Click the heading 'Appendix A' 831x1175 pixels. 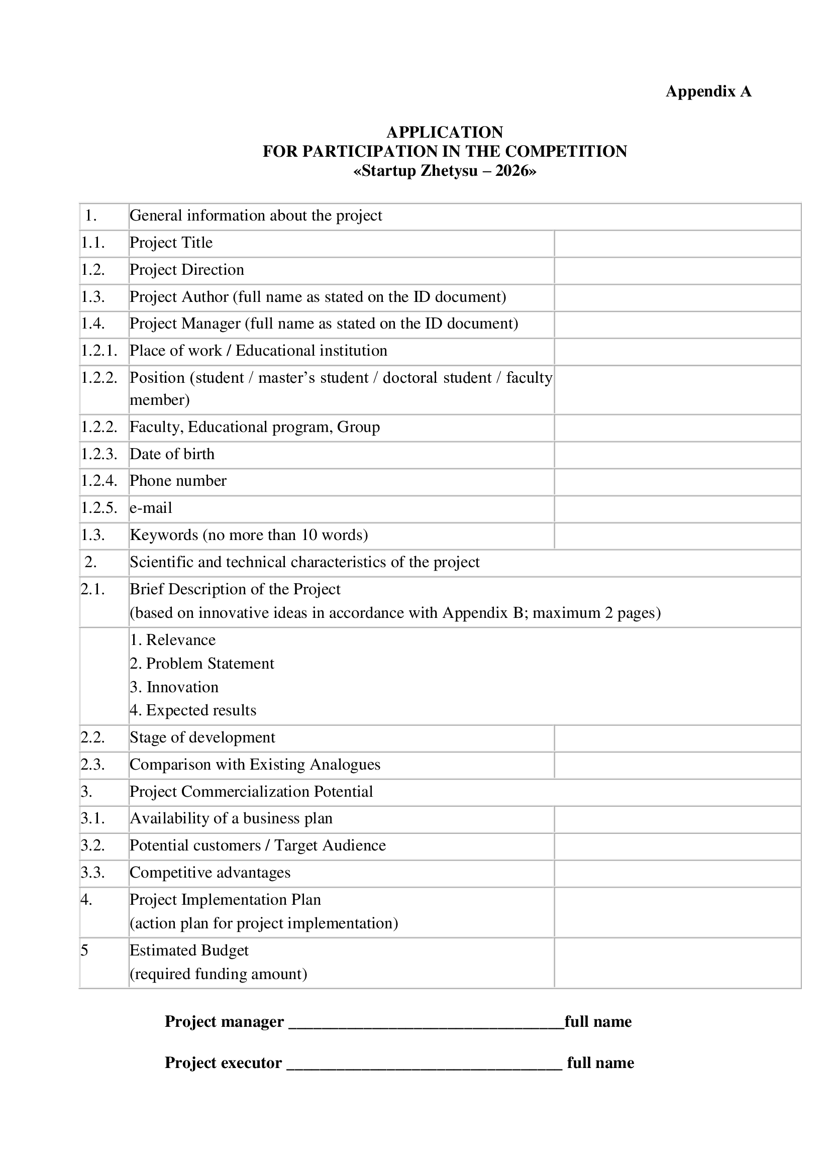pyautogui.click(x=708, y=91)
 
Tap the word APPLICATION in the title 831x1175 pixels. pyautogui.click(x=445, y=133)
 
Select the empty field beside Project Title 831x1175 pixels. pyautogui.click(x=677, y=244)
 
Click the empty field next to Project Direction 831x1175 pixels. pyautogui.click(x=677, y=271)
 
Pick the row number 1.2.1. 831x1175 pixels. pyautogui.click(x=99, y=351)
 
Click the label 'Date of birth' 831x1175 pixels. pyautogui.click(x=172, y=455)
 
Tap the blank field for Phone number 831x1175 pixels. pyautogui.click(x=677, y=482)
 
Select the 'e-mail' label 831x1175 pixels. pyautogui.click(x=151, y=508)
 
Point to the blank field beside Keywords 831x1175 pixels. pyautogui.click(x=677, y=536)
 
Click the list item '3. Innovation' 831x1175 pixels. pyautogui.click(x=174, y=687)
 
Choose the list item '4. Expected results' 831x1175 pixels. pyautogui.click(x=193, y=711)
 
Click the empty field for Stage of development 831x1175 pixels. pyautogui.click(x=677, y=738)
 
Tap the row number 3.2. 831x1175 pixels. pyautogui.click(x=92, y=846)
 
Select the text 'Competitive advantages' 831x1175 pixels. pyautogui.click(x=210, y=873)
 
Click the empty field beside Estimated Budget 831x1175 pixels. pyautogui.click(x=677, y=963)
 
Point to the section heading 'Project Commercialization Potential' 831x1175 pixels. pyautogui.click(x=251, y=792)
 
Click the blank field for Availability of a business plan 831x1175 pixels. pyautogui.click(x=677, y=819)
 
